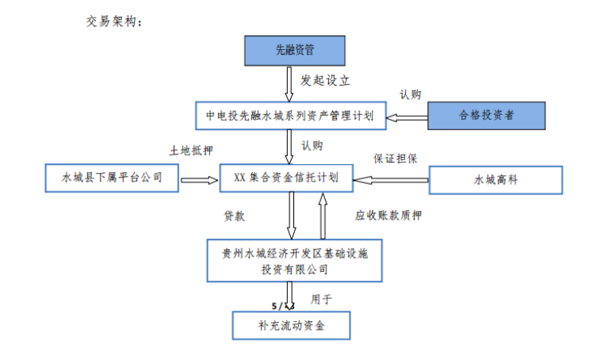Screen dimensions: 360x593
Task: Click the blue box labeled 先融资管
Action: coord(294,50)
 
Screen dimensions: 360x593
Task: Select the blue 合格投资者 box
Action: coord(485,116)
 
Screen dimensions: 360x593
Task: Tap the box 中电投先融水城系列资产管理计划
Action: coord(290,116)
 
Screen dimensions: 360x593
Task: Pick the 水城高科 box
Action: coord(495,180)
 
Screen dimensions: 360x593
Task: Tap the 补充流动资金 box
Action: coord(290,325)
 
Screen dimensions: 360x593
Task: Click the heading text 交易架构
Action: coord(113,21)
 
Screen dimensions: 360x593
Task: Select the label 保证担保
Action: coord(395,157)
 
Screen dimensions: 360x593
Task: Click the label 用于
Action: coord(321,300)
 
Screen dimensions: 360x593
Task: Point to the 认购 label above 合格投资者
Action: coord(411,94)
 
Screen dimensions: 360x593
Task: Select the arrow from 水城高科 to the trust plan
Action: coord(389,180)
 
